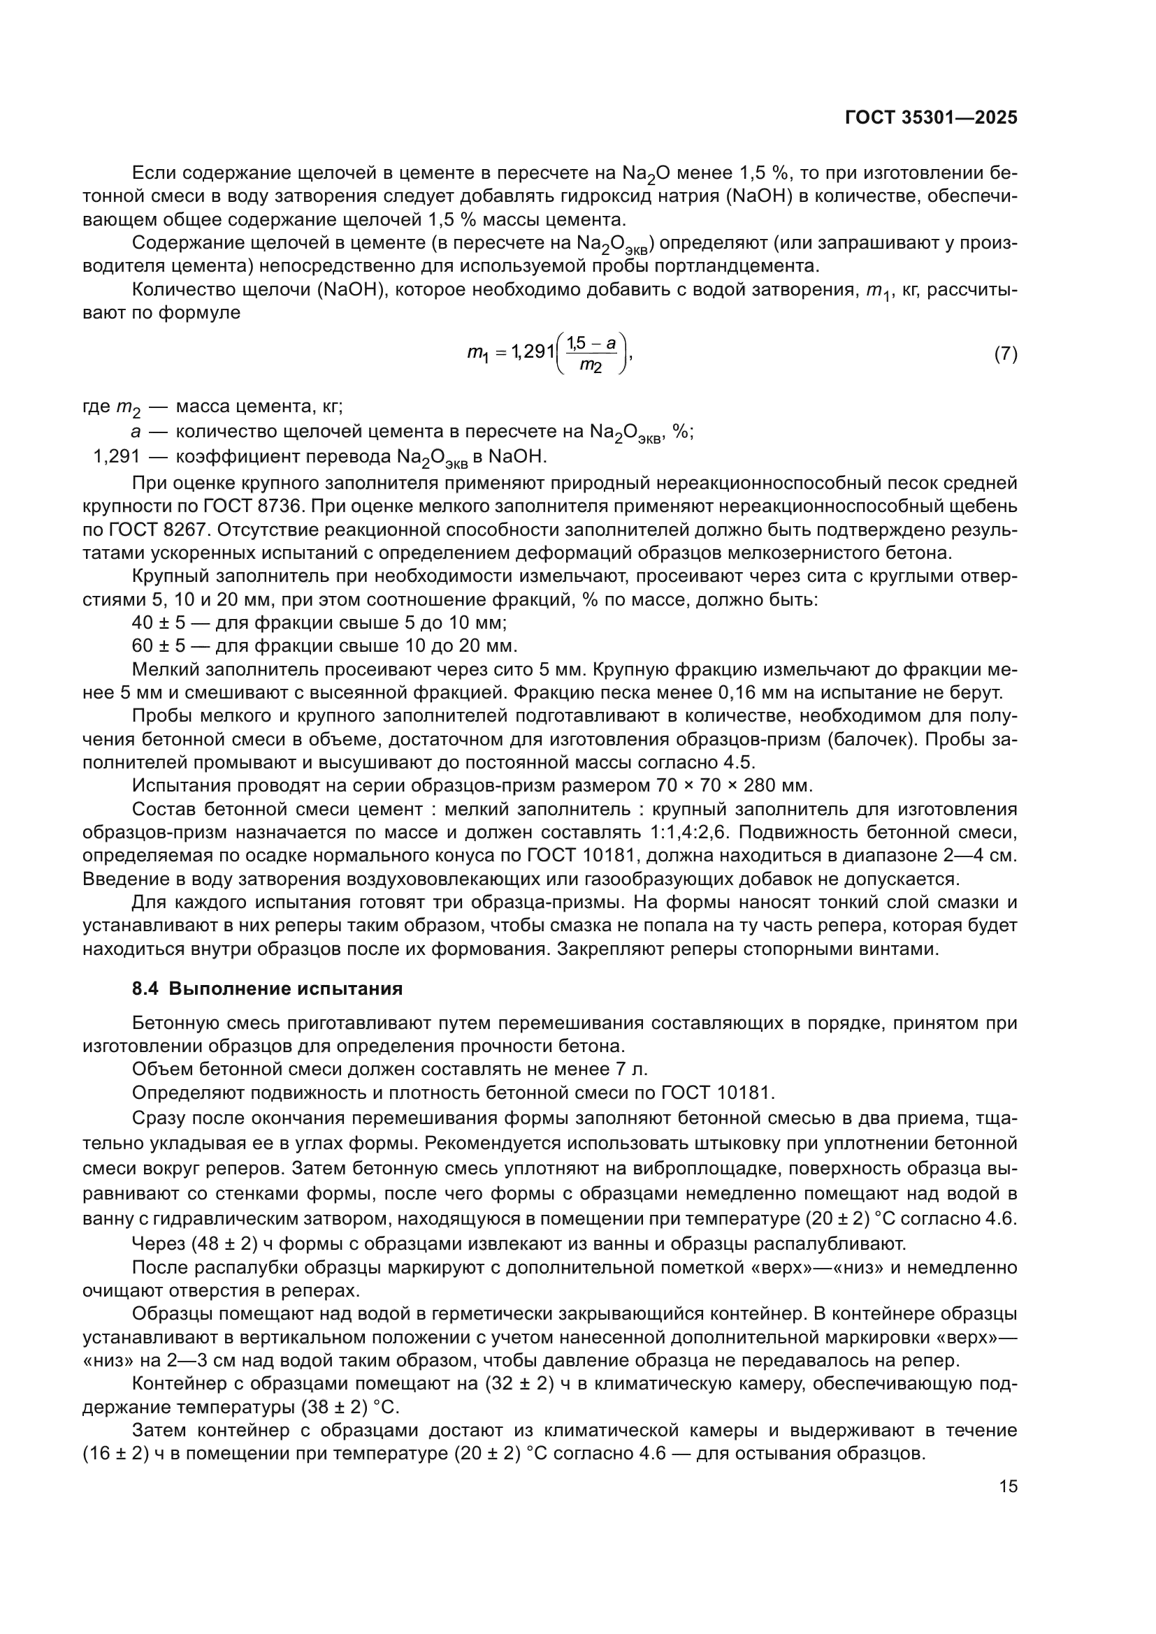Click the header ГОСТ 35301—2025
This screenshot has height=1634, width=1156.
point(930,118)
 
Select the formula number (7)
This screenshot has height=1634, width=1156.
point(1005,353)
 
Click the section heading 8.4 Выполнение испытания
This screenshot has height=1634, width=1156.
point(267,989)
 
